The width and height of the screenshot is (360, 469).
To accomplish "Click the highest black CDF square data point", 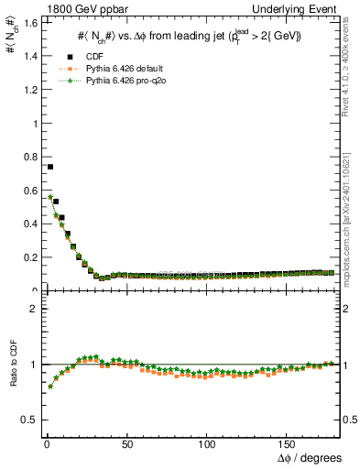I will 49,167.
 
